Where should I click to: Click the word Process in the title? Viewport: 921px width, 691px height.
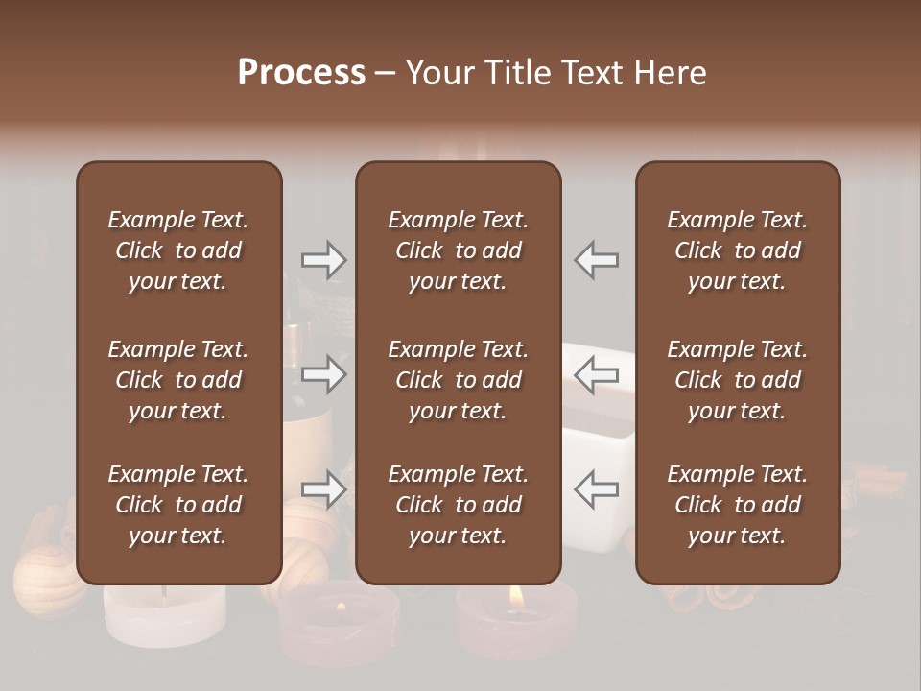click(301, 73)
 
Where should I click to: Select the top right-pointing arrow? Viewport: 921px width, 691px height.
click(323, 260)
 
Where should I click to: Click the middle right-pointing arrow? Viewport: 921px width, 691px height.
click(323, 374)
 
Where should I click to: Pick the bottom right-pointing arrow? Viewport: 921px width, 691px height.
click(323, 489)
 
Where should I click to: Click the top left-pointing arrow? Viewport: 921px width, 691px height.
click(596, 260)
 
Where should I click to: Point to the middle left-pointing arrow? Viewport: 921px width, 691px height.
click(596, 374)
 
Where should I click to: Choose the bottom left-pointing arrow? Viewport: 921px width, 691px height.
click(596, 489)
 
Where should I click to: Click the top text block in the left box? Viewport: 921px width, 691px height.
click(178, 250)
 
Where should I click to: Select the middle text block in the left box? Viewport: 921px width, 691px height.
click(178, 380)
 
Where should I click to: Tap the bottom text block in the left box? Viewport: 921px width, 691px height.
click(178, 505)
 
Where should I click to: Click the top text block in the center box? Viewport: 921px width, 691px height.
click(458, 250)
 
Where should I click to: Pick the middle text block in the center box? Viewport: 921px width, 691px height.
click(458, 380)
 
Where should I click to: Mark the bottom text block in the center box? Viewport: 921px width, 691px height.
click(458, 505)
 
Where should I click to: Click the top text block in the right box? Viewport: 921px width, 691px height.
click(737, 250)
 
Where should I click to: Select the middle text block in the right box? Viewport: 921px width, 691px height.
click(737, 380)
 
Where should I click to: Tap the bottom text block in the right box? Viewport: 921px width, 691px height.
click(737, 505)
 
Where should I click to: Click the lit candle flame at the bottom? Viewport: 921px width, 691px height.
click(515, 596)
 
